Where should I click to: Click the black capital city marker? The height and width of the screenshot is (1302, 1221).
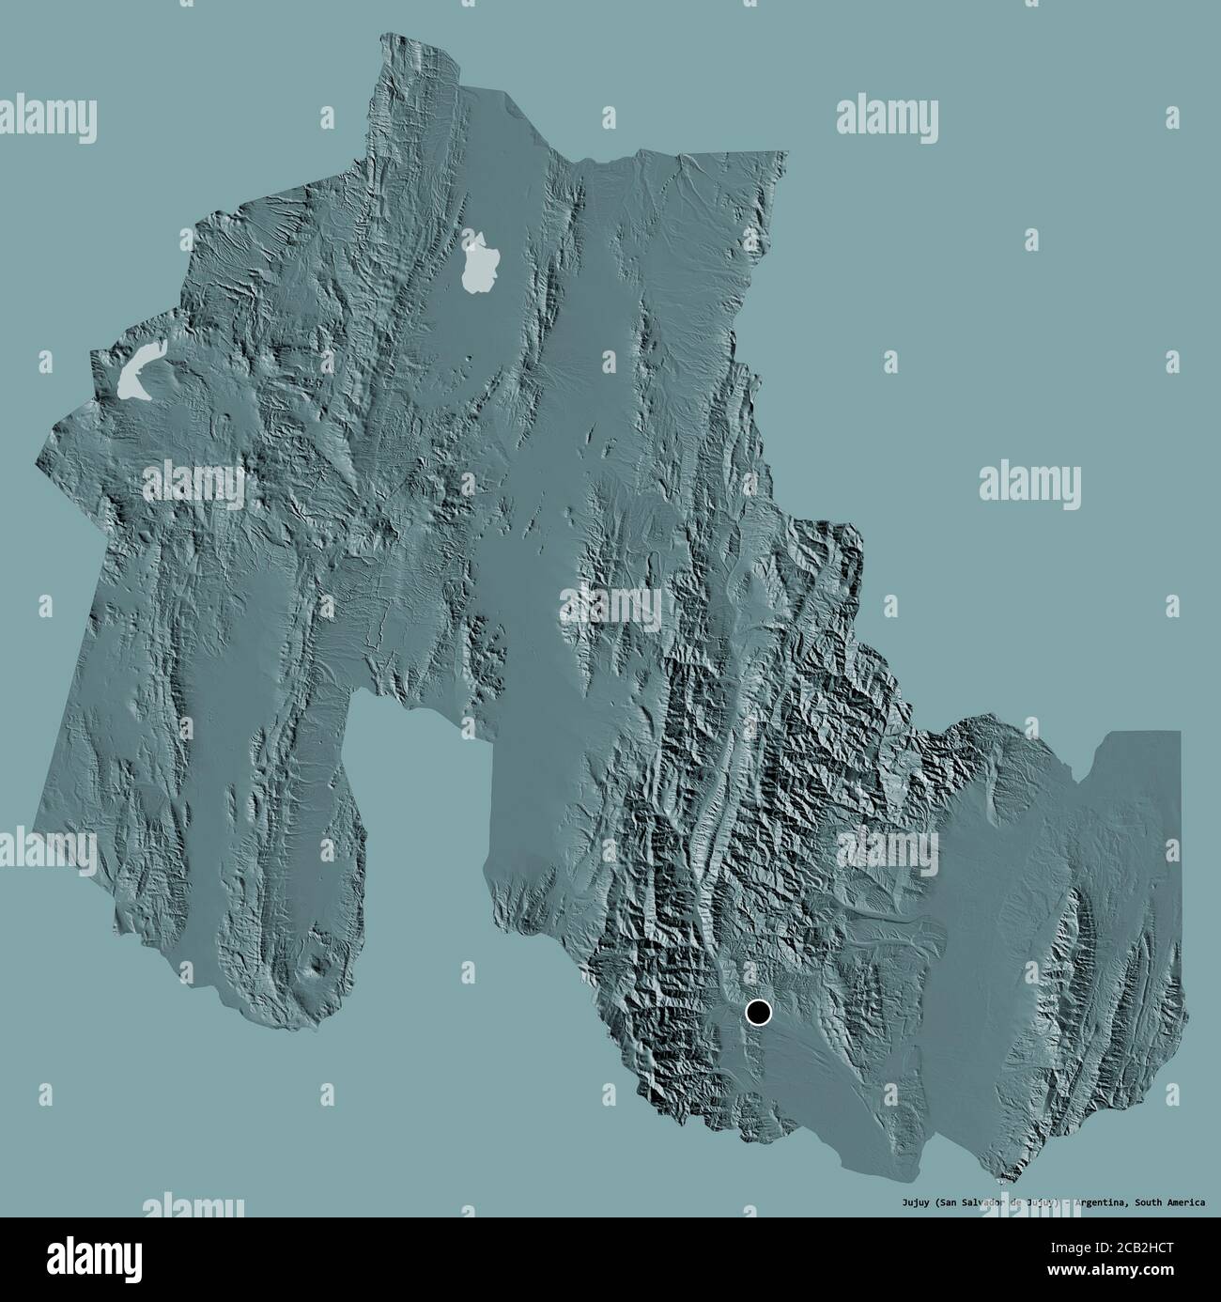click(x=757, y=1012)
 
